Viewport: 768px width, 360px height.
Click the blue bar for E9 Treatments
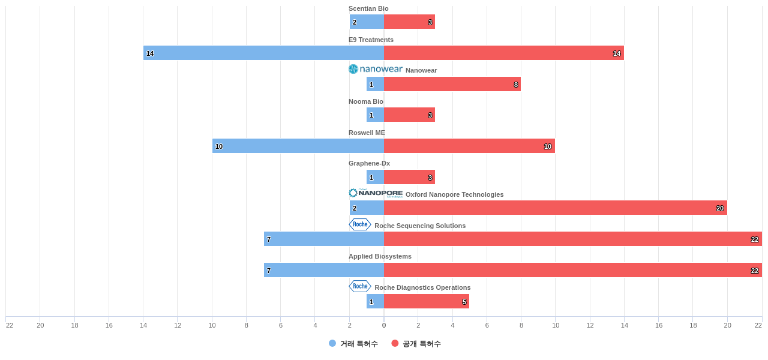click(263, 53)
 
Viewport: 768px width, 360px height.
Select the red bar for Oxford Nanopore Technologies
click(555, 208)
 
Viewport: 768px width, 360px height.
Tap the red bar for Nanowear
click(452, 84)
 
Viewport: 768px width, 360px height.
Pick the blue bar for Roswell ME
click(298, 146)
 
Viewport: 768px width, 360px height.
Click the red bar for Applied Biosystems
click(572, 270)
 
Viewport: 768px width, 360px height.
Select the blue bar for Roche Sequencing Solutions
click(324, 239)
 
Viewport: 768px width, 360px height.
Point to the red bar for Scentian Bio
click(409, 22)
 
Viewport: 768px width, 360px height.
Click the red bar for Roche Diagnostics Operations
click(427, 301)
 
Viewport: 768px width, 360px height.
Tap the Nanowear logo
click(376, 69)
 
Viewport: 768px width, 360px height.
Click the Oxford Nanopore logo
click(376, 193)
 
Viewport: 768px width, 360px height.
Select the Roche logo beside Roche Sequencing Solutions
click(360, 224)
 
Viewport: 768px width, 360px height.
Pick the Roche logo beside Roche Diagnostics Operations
click(360, 286)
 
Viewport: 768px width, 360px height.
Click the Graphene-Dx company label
click(369, 163)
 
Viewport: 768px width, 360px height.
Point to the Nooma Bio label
click(366, 101)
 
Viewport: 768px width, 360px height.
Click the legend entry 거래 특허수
click(353, 344)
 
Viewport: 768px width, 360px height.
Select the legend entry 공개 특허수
click(416, 344)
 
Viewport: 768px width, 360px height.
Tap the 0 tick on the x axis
click(384, 325)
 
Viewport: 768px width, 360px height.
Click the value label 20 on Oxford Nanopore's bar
click(720, 208)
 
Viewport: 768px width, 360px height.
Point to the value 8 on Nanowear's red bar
click(516, 85)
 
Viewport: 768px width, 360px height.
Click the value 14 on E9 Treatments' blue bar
click(150, 53)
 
